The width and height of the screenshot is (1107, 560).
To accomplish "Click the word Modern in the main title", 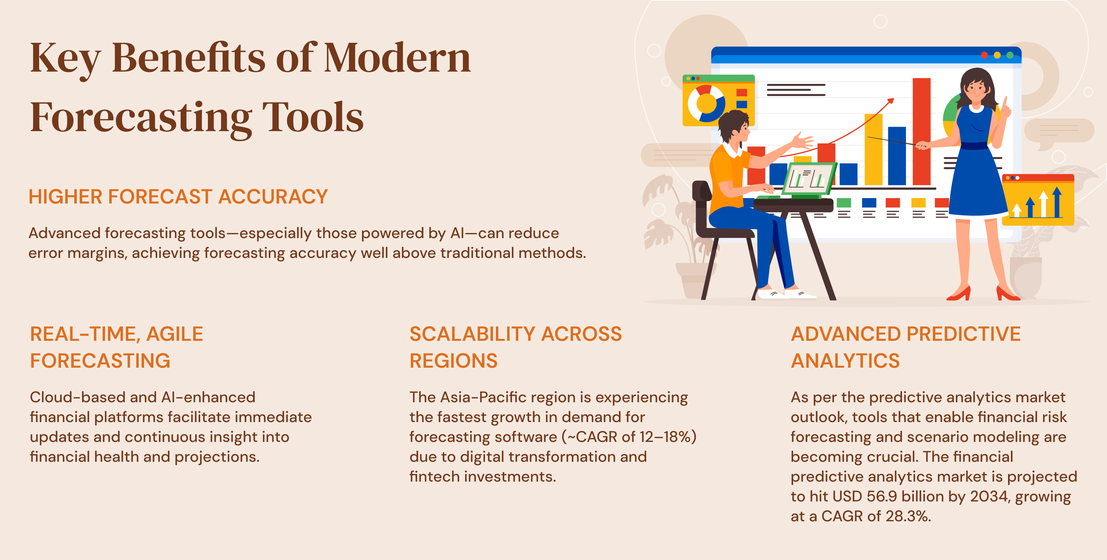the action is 398,58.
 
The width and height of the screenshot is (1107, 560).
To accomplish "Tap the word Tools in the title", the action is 313,117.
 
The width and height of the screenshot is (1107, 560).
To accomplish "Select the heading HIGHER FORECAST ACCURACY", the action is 178,197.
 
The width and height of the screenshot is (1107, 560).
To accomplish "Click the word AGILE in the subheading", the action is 175,334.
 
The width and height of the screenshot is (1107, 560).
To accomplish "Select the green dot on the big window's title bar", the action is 1010,55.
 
